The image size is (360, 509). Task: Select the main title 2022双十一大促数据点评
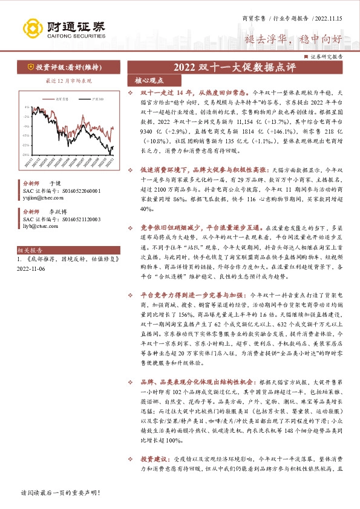pyautogui.click(x=236, y=67)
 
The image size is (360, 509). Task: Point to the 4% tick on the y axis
pyautogui.click(x=26, y=106)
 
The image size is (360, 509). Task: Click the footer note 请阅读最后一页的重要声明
pyautogui.click(x=59, y=493)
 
